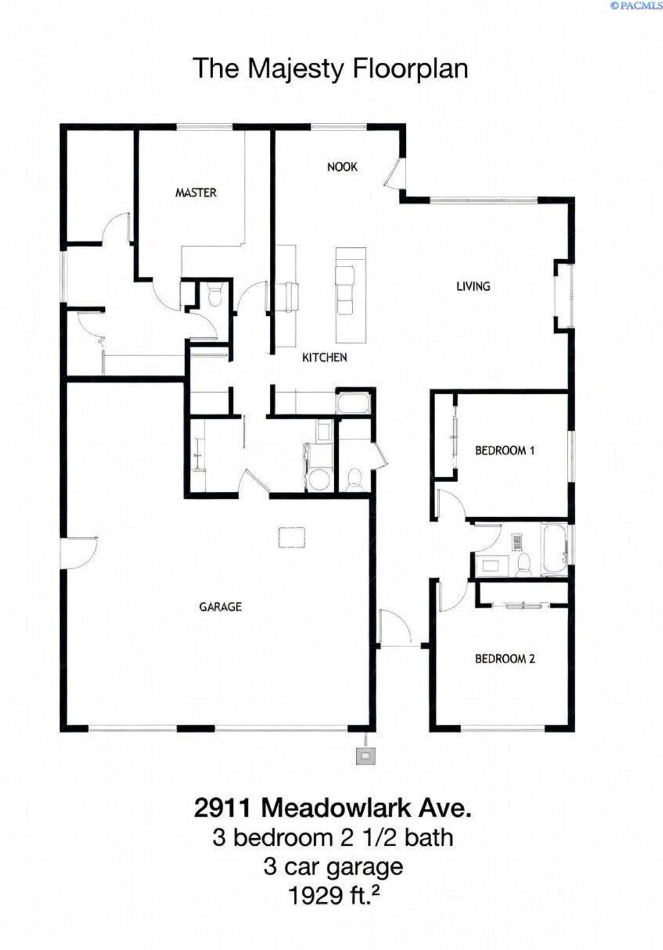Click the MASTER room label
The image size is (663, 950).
(x=196, y=192)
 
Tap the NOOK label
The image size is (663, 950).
(x=342, y=167)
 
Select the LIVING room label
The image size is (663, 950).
(x=473, y=286)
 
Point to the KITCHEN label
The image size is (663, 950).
(x=324, y=357)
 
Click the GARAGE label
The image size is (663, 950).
(x=220, y=606)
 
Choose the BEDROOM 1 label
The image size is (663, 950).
(x=504, y=450)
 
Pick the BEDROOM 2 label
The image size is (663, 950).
(x=504, y=659)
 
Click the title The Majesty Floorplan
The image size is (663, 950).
(x=330, y=69)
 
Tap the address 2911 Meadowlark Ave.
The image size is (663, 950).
(x=332, y=808)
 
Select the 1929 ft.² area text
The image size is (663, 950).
(x=333, y=896)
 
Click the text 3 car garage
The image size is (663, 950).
(x=333, y=866)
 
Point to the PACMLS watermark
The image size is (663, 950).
(x=636, y=6)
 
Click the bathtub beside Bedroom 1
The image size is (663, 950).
(x=555, y=549)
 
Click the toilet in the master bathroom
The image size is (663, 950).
(x=215, y=296)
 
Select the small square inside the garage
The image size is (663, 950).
(x=291, y=537)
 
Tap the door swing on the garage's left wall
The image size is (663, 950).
(x=79, y=552)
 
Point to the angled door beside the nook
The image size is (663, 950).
(x=393, y=173)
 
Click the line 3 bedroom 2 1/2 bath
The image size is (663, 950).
(x=332, y=837)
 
